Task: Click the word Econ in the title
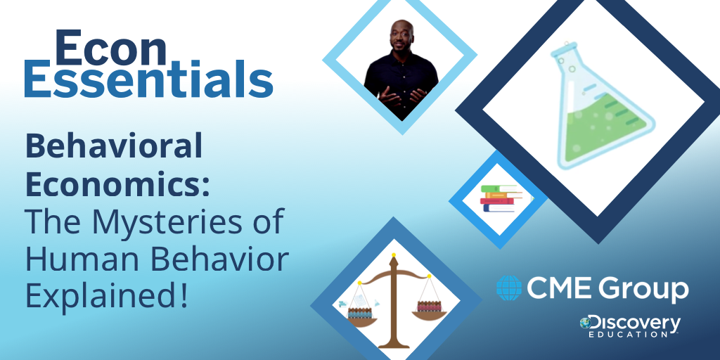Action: [x=110, y=48]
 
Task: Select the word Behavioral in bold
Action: [x=114, y=145]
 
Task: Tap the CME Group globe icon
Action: [x=509, y=288]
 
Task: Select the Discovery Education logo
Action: [x=630, y=326]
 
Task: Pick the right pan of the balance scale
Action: [x=429, y=316]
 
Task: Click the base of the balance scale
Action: [x=393, y=343]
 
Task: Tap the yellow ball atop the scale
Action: [x=393, y=255]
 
